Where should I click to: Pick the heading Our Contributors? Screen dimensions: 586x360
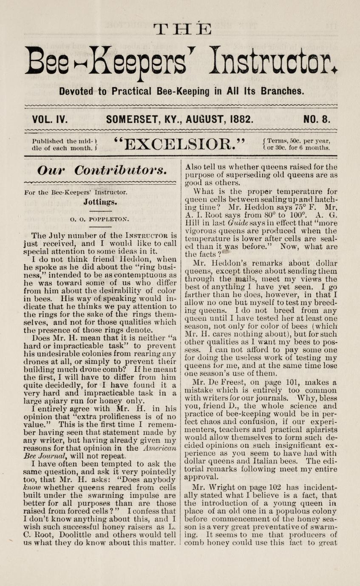coord(101,170)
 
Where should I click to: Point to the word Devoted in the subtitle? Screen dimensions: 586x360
coord(76,91)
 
